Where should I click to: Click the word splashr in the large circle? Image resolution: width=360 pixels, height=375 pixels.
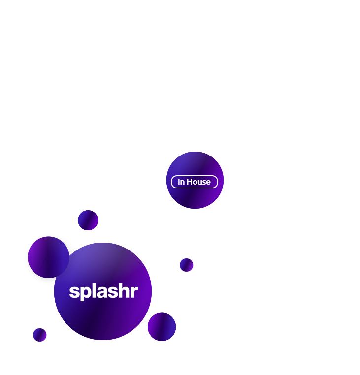pos(103,291)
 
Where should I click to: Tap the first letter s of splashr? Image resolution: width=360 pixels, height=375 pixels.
pos(74,292)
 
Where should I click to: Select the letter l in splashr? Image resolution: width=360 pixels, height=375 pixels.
pos(92,290)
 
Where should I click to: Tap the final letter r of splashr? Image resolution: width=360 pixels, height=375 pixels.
pos(133,292)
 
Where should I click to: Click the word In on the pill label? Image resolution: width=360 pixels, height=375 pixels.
pos(181,182)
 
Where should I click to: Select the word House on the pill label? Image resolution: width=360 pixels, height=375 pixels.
pos(198,182)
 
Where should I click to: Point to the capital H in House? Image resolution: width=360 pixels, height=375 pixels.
pos(190,182)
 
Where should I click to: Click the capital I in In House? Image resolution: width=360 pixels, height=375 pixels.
pos(179,182)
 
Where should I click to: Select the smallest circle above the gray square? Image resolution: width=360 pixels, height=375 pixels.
pos(88,220)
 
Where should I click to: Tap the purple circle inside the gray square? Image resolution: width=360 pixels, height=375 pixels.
pos(48,257)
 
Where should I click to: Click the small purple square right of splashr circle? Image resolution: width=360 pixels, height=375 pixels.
pos(187,265)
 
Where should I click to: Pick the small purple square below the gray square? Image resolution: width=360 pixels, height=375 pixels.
pos(40,335)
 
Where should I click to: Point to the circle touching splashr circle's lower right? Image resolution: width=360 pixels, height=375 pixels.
pos(162,327)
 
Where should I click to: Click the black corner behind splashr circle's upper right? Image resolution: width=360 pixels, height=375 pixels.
pos(143,248)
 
